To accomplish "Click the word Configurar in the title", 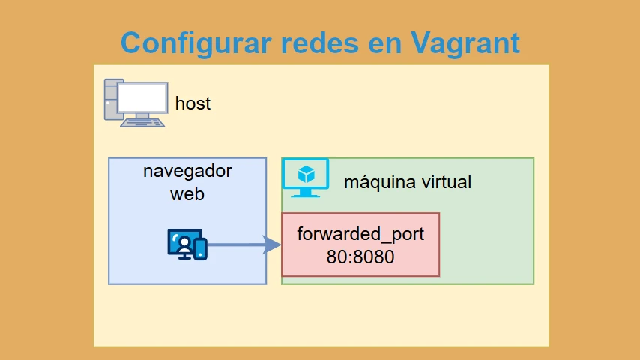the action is click(x=196, y=43).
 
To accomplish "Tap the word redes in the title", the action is click(x=319, y=43).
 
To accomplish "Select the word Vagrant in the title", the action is click(x=465, y=43).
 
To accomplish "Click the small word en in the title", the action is click(x=385, y=46).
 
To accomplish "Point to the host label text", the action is click(x=193, y=103).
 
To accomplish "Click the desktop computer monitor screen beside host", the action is click(x=143, y=97).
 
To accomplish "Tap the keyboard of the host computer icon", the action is click(x=142, y=122).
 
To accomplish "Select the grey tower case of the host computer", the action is click(x=111, y=100).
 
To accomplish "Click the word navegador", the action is click(x=187, y=172).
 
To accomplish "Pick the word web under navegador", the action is click(x=187, y=194).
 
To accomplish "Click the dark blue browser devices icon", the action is click(x=187, y=244).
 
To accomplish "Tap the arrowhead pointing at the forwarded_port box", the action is click(x=272, y=244).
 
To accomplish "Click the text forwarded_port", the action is click(x=360, y=235).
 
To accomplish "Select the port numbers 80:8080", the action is click(x=360, y=257).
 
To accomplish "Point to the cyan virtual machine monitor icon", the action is click(x=306, y=178).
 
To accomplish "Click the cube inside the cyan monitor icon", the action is click(x=306, y=175).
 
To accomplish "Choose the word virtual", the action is click(x=447, y=181).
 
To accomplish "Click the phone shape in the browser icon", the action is click(x=200, y=249).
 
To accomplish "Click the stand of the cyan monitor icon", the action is click(x=305, y=193).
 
